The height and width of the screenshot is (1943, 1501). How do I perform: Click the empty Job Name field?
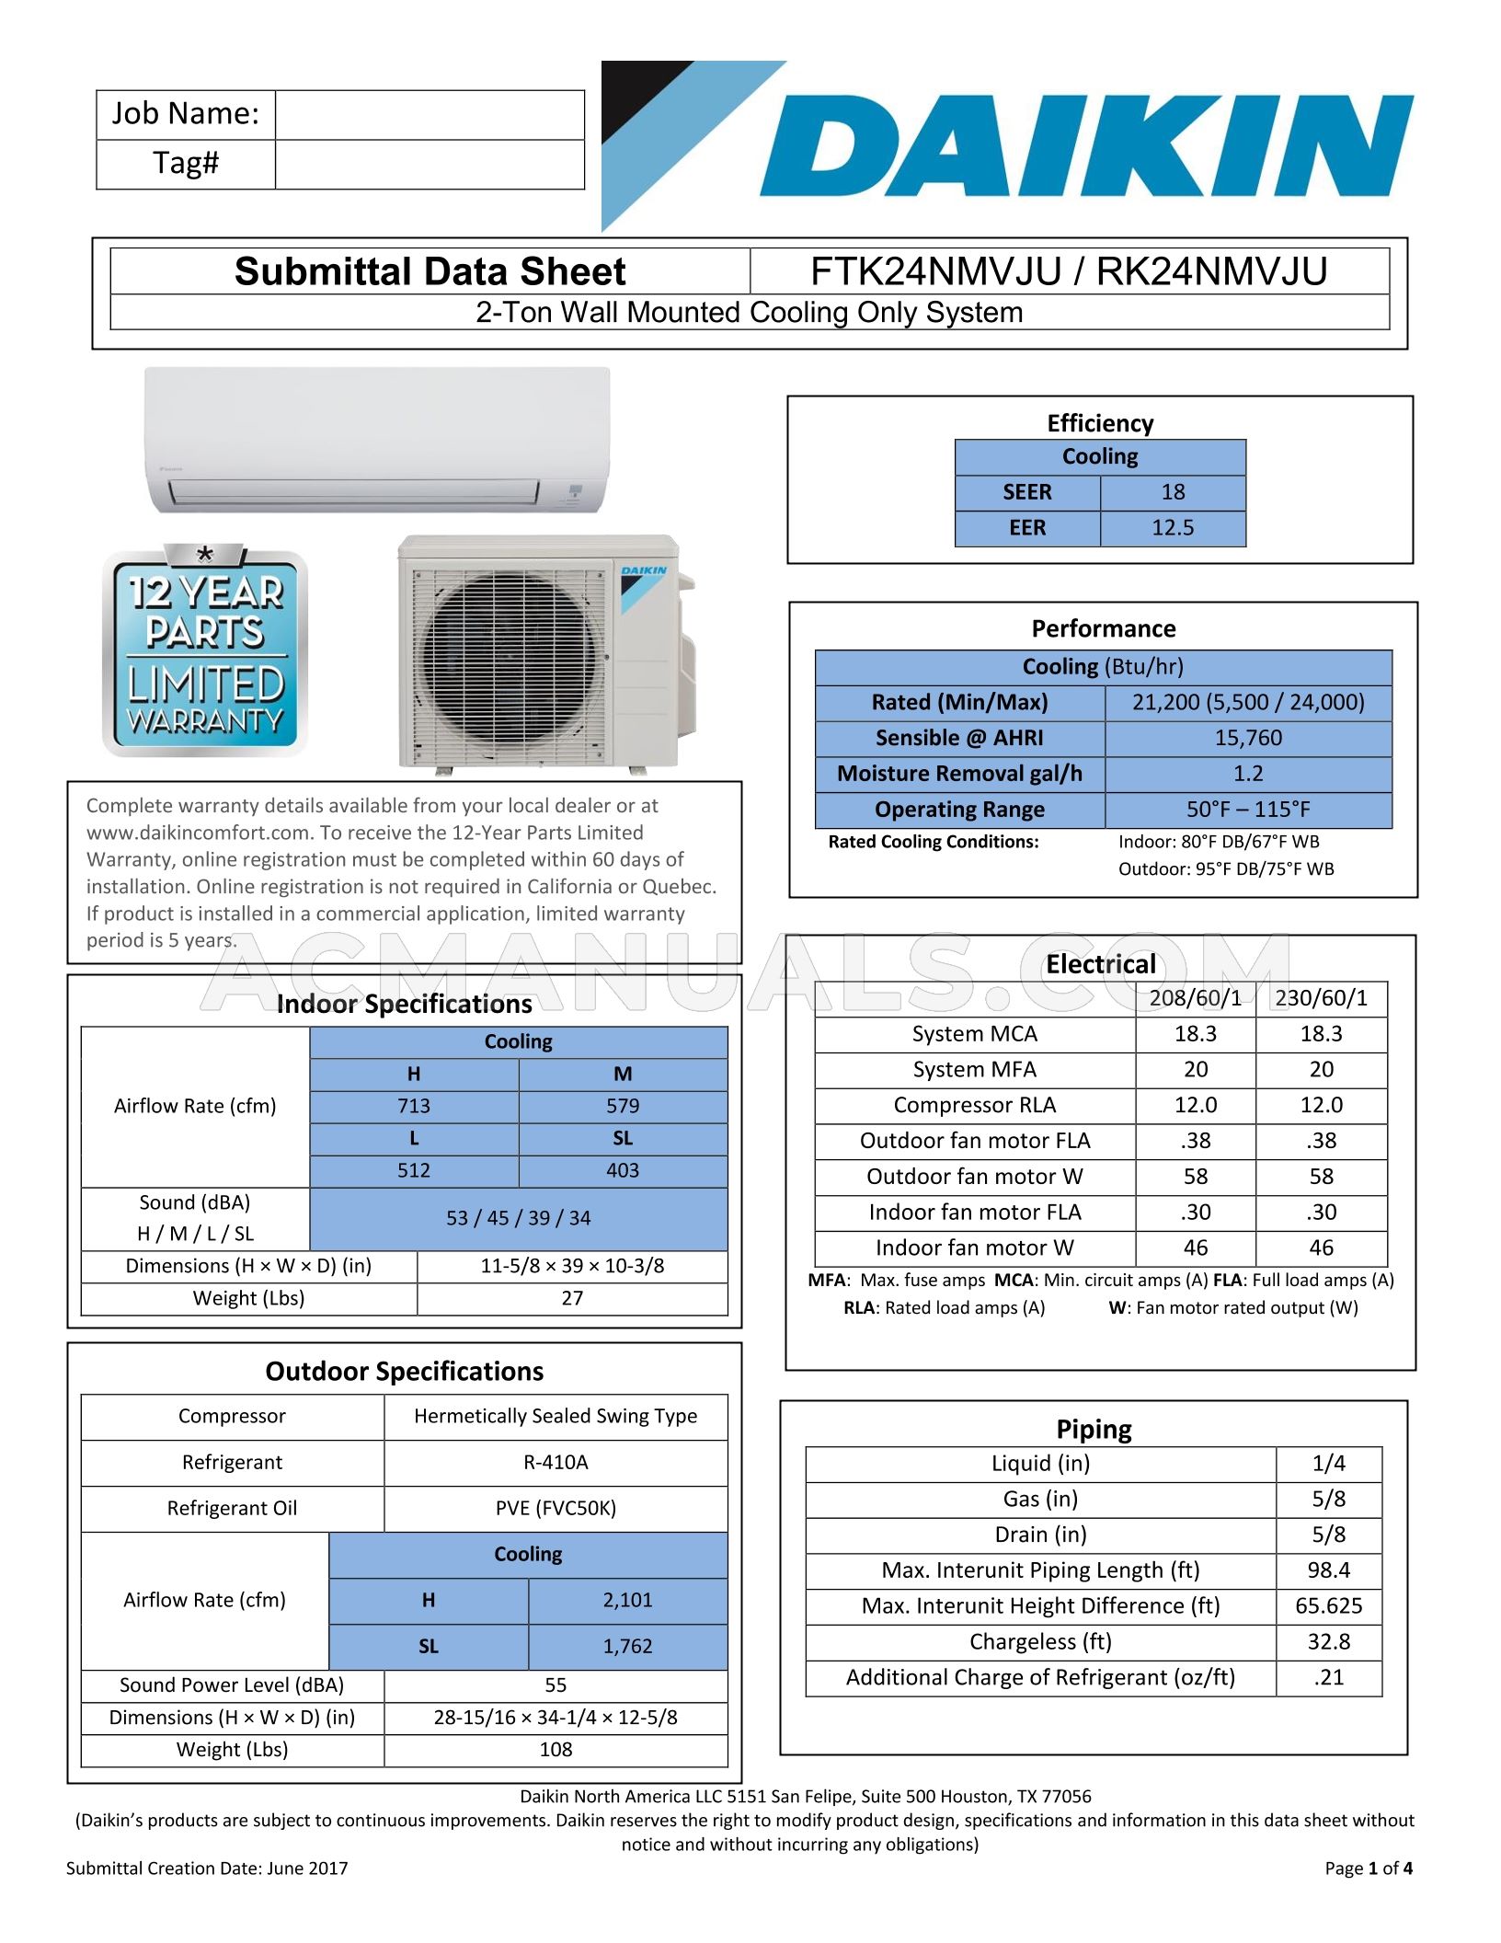coord(430,115)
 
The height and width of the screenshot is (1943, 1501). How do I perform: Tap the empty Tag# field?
coord(430,165)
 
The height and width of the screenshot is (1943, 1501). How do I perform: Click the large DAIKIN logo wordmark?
coord(1085,146)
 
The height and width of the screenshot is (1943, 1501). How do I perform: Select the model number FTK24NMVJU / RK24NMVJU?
coord(1069,272)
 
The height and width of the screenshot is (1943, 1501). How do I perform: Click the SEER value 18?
coord(1173,492)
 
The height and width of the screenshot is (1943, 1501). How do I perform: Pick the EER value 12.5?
coord(1173,528)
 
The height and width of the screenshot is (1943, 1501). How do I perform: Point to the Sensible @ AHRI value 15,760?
coord(1248,738)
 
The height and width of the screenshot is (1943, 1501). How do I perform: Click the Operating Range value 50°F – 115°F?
coord(1248,810)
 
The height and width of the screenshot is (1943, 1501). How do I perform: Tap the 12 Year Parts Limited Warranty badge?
coord(205,650)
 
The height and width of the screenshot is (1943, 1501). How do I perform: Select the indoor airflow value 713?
coord(414,1106)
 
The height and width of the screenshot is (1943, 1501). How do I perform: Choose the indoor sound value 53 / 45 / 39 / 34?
coord(518,1218)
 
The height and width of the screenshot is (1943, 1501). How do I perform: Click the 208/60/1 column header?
coord(1195,998)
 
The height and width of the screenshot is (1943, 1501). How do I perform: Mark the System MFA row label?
coord(974,1070)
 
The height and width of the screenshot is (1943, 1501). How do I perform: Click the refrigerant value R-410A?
coord(556,1463)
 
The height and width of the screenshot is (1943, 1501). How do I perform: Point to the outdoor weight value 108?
coord(556,1750)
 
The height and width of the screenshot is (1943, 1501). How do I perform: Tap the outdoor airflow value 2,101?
coord(627,1601)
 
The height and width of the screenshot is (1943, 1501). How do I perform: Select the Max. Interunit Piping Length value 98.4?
coord(1328,1570)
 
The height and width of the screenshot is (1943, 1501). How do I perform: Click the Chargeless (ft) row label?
coord(1040,1642)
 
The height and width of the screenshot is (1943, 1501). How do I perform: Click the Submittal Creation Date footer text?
coord(207,1868)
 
